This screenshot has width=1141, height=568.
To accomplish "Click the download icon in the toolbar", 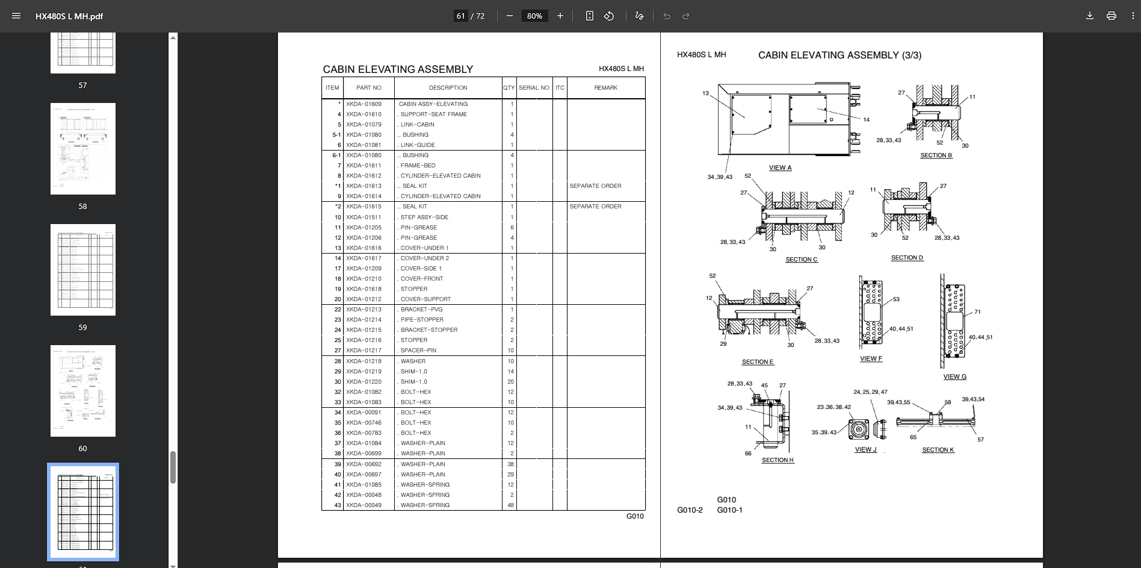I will coord(1089,16).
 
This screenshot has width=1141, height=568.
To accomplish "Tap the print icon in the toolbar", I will coord(1111,16).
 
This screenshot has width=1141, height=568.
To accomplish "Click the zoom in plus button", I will coord(560,16).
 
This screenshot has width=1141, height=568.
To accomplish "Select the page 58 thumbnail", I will coord(83,149).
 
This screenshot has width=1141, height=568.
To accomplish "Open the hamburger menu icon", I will coord(16,16).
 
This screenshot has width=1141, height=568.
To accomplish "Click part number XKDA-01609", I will coord(363,104).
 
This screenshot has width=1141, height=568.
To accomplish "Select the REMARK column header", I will coord(605,88).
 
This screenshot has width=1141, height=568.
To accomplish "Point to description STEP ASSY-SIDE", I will coord(424,217).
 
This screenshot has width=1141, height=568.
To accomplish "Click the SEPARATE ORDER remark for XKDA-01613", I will coord(595,186).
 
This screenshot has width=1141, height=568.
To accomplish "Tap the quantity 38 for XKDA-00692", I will coord(510,464).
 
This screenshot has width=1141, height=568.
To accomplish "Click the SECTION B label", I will coord(936,155).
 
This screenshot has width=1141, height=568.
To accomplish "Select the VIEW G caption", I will coord(954,377).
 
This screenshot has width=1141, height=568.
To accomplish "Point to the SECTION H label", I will coord(778,460).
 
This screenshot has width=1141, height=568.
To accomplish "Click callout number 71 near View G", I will coord(977,312).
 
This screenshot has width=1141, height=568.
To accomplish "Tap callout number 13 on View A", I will coord(705,93).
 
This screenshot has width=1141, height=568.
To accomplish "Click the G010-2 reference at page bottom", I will coord(690,510).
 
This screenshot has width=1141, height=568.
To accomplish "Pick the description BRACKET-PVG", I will coord(421,310).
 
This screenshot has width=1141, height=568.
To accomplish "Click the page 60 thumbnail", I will coord(83,391).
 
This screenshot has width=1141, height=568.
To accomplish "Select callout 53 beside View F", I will coord(896,299).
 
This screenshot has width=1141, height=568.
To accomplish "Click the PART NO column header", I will coord(368,88).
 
